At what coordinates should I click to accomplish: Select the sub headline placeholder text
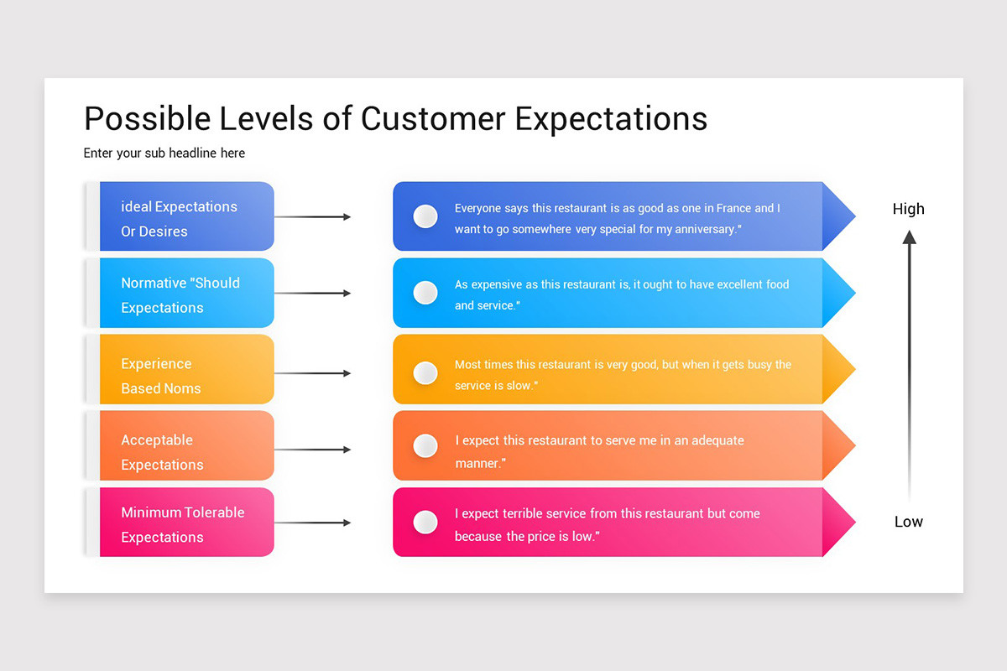pos(164,153)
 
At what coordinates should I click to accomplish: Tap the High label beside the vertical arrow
pos(908,209)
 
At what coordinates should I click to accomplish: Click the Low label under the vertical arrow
pos(908,522)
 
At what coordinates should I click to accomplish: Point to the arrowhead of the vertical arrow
pos(909,237)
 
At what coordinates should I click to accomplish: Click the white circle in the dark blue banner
pos(425,216)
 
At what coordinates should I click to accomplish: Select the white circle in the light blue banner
pos(425,293)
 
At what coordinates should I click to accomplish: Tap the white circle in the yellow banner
pos(425,372)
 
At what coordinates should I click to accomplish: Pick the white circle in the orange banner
pos(425,445)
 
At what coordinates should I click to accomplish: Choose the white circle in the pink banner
pos(425,523)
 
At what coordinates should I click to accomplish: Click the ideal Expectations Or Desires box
pos(186,216)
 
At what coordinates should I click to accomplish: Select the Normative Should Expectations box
pos(186,293)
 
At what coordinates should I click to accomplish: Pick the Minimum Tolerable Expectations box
pos(186,522)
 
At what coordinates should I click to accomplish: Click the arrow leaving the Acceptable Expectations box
pos(312,450)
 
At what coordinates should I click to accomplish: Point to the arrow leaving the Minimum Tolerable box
pos(312,523)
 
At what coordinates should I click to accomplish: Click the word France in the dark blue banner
pos(733,208)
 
